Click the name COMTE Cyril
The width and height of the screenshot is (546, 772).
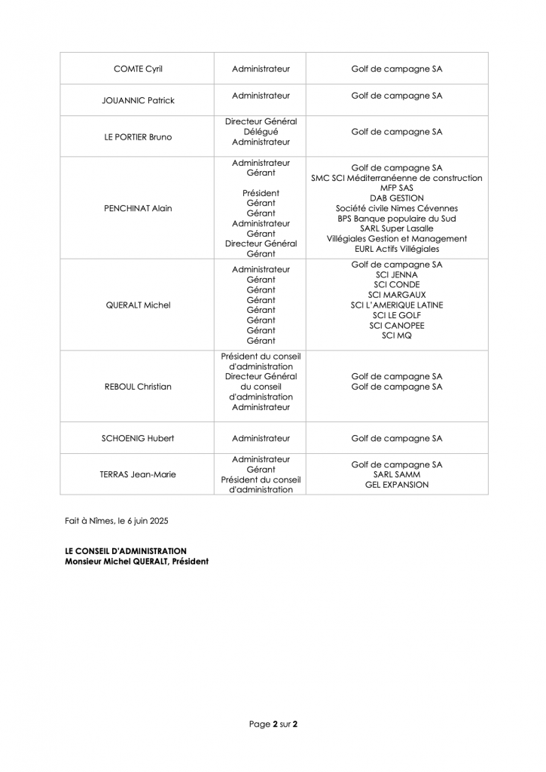click(138, 69)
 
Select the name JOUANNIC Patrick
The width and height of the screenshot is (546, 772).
click(138, 100)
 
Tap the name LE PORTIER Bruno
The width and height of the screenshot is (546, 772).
click(138, 137)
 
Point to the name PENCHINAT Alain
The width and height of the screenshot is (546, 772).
click(138, 208)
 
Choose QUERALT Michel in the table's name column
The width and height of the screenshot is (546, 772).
click(138, 305)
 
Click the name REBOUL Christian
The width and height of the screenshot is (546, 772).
click(138, 387)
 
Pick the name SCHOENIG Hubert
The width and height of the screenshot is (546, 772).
click(138, 438)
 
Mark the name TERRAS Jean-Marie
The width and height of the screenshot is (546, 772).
click(138, 474)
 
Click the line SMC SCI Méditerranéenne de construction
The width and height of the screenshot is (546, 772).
click(397, 178)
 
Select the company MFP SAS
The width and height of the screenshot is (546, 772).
click(397, 188)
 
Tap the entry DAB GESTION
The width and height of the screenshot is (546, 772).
click(397, 198)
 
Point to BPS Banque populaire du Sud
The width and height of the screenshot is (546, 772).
click(397, 219)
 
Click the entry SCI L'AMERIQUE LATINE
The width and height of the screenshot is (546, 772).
click(397, 305)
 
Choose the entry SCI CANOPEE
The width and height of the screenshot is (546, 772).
click(397, 325)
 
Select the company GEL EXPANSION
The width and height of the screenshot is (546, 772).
click(397, 485)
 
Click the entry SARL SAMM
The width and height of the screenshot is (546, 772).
click(397, 475)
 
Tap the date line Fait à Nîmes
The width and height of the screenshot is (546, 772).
click(117, 520)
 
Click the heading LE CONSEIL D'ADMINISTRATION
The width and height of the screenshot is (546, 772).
click(127, 551)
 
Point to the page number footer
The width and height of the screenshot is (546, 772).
click(273, 725)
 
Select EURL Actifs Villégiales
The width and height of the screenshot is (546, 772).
click(397, 249)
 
